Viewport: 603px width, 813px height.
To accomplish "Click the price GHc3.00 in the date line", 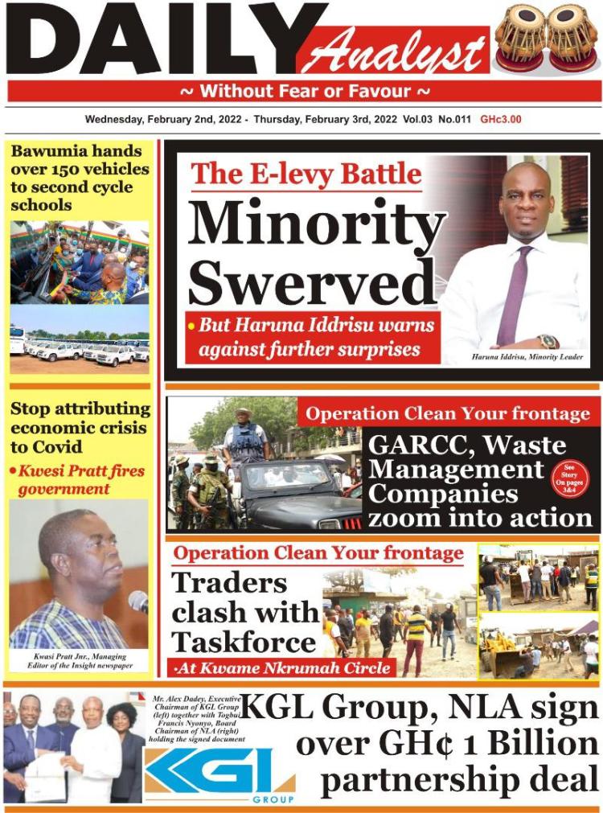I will [501, 120].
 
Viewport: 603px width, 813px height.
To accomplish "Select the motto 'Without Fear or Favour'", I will [305, 91].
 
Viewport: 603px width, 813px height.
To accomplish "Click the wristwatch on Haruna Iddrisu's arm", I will [548, 341].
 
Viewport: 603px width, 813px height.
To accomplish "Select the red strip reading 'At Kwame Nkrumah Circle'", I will [283, 667].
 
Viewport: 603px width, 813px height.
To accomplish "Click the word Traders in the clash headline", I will [230, 581].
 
